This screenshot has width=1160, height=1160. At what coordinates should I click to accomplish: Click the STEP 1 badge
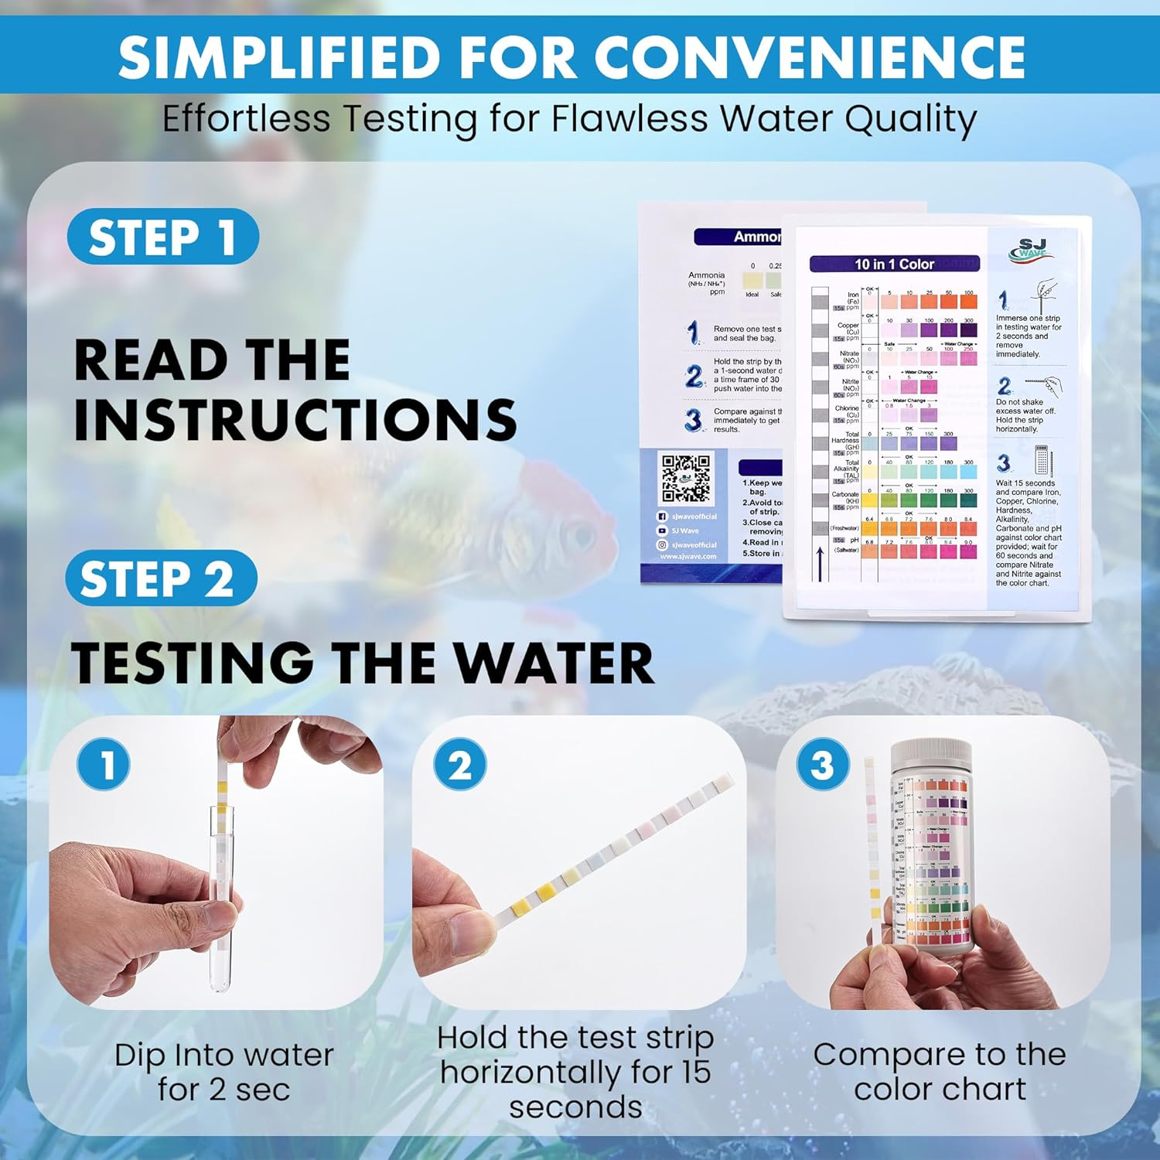[x=162, y=237]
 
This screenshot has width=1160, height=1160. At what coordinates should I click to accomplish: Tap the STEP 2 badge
[x=160, y=578]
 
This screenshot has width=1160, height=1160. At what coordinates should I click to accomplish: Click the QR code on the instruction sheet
[x=685, y=479]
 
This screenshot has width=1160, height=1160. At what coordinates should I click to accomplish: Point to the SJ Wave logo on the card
[x=1032, y=250]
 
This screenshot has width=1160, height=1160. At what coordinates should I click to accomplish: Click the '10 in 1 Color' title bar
[x=894, y=264]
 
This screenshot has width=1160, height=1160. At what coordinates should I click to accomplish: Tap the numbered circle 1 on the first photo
[x=104, y=764]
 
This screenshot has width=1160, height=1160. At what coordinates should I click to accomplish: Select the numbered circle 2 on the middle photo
[x=460, y=765]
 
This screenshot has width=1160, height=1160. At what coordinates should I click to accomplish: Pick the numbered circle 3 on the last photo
[x=823, y=765]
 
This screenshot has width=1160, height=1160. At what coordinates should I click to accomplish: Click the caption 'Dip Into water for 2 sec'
[x=223, y=1072]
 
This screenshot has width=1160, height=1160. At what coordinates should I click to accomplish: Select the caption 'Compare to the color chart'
[x=940, y=1072]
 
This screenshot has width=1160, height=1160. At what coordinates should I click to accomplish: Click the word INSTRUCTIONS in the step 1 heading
[x=295, y=420]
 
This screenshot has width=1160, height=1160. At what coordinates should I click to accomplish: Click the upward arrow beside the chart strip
[x=819, y=563]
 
